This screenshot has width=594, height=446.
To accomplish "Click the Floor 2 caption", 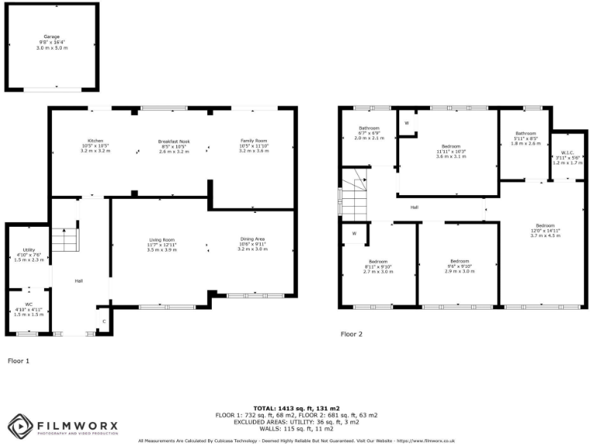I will tap(352, 334).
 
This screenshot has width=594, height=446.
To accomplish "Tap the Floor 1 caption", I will tap(18, 361).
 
